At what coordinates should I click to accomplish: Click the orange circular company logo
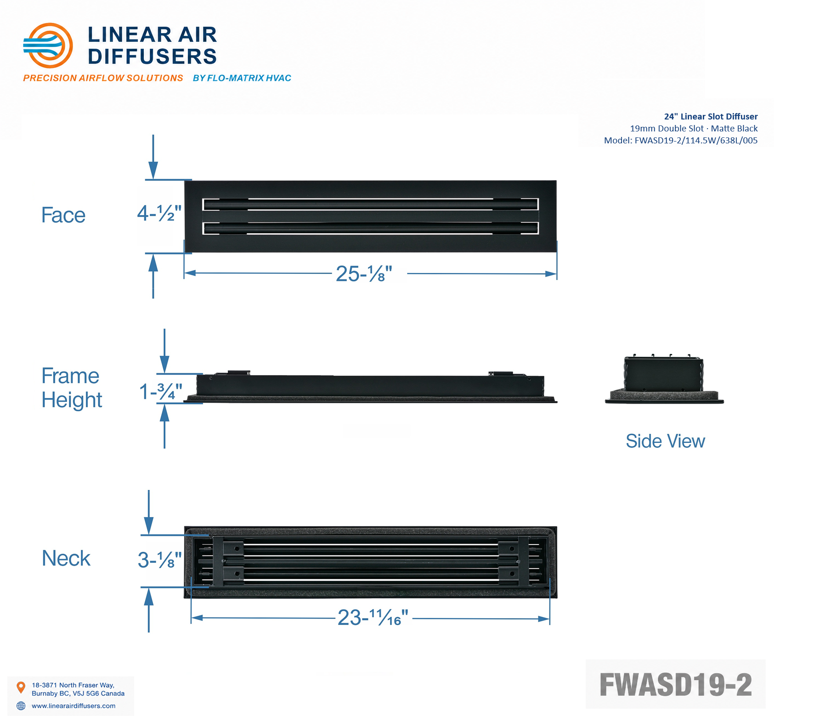(48, 45)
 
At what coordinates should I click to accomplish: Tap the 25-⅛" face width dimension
(364, 274)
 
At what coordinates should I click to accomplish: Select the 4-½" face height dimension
(159, 213)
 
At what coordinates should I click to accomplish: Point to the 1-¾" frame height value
(161, 392)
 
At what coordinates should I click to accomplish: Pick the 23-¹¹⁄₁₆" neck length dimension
(373, 618)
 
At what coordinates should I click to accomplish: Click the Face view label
(63, 215)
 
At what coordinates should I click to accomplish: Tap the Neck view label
(66, 558)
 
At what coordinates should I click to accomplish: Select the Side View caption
(665, 441)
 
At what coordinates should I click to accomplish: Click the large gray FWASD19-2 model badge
(675, 684)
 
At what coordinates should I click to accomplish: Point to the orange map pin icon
(21, 687)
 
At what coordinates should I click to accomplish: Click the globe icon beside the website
(21, 706)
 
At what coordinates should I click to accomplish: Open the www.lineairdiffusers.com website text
(73, 706)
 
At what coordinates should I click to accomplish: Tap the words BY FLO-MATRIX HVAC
(242, 78)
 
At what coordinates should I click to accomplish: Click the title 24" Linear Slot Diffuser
(711, 117)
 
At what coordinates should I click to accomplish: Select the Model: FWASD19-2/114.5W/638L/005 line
(681, 141)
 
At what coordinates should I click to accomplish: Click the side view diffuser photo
(664, 379)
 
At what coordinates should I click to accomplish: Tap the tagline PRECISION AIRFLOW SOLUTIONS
(103, 78)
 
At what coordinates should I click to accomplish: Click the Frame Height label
(72, 388)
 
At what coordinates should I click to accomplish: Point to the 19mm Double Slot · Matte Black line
(694, 129)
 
